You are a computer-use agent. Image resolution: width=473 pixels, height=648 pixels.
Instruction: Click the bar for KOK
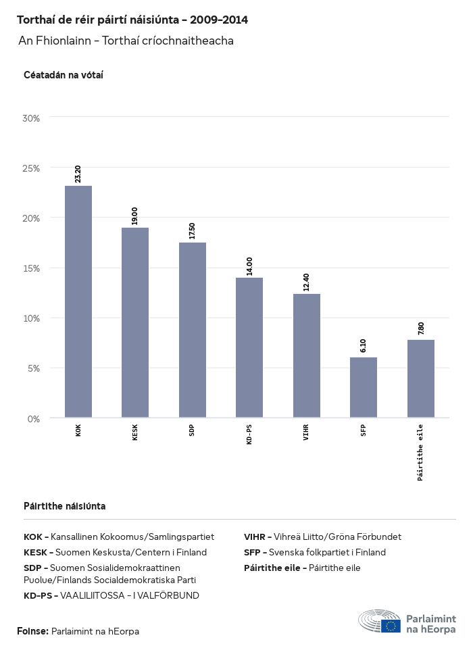click(78, 301)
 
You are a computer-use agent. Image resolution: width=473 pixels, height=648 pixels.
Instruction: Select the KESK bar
click(135, 322)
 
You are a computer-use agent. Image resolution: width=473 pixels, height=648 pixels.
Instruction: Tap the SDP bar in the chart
click(193, 330)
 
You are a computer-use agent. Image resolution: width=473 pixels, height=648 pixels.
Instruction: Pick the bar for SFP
click(364, 387)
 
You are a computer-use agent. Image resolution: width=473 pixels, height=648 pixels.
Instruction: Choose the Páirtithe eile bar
click(421, 378)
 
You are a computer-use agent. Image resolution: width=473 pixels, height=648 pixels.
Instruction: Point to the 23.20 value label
click(78, 174)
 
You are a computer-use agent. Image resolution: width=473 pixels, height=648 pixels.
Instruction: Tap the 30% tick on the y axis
click(32, 118)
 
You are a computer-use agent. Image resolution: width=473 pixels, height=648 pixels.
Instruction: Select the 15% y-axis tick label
click(32, 268)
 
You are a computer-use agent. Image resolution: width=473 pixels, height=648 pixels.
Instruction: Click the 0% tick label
click(34, 419)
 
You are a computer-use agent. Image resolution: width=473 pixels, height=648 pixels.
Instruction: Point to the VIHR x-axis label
click(307, 432)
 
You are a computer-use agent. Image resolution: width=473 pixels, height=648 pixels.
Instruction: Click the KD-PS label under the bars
click(249, 436)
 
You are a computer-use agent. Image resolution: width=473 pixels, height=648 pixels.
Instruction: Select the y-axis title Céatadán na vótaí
click(64, 75)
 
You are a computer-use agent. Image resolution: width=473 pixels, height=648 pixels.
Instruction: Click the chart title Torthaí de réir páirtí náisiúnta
click(132, 20)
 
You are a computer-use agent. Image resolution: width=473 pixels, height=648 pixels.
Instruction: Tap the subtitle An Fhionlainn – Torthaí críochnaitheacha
click(126, 41)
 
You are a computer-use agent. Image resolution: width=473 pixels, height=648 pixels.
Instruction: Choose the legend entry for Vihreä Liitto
click(322, 537)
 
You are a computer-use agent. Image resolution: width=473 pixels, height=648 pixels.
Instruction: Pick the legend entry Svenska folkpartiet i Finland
click(315, 553)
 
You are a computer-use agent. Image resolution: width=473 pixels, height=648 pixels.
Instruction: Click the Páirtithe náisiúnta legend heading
click(64, 506)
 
